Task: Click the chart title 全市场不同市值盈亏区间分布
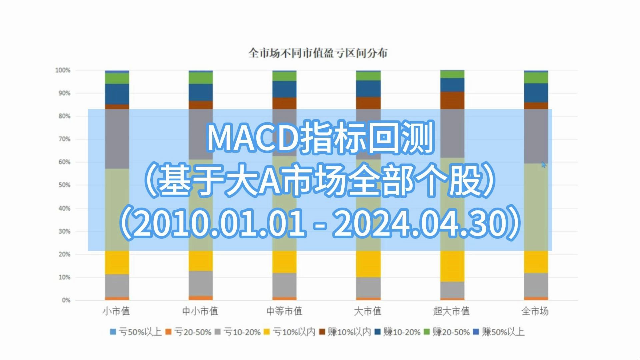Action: pyautogui.click(x=318, y=53)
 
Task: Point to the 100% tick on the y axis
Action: pyautogui.click(x=63, y=70)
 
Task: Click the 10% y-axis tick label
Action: pyautogui.click(x=64, y=277)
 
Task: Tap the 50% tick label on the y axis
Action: pyautogui.click(x=64, y=185)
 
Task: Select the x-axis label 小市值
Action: pyautogui.click(x=116, y=311)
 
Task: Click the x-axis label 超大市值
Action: pyautogui.click(x=451, y=311)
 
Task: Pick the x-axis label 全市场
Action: pyautogui.click(x=535, y=311)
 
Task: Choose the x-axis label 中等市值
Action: pyautogui.click(x=284, y=311)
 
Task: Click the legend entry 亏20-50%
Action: pyautogui.click(x=189, y=332)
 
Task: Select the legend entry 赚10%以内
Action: pyautogui.click(x=345, y=332)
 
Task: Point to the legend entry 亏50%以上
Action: pyautogui.click(x=136, y=332)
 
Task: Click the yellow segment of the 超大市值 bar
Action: pyautogui.click(x=452, y=266)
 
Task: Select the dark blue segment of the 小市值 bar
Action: pyautogui.click(x=117, y=94)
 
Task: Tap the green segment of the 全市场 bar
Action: pyautogui.click(x=536, y=78)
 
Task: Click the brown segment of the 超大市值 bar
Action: pyautogui.click(x=452, y=100)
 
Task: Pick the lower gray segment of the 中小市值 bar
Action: pyautogui.click(x=201, y=283)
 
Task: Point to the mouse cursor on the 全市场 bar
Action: pyautogui.click(x=544, y=164)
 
